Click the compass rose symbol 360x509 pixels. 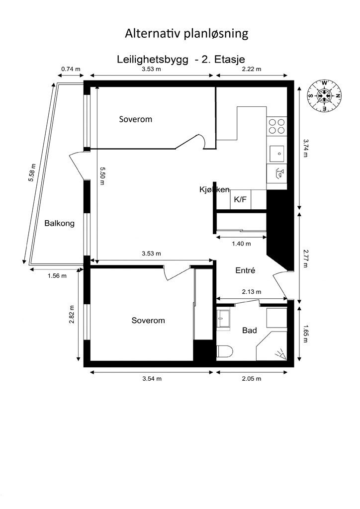click(324, 96)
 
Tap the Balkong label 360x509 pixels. click(59, 224)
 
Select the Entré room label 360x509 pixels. click(245, 270)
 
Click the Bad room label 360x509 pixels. click(249, 331)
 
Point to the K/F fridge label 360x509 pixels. click(240, 199)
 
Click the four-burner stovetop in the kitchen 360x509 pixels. click(276, 126)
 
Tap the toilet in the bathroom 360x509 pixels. click(225, 352)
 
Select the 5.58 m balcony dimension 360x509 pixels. click(32, 172)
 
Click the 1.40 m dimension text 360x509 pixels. click(241, 244)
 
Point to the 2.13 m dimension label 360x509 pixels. click(251, 292)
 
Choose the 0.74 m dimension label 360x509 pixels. click(71, 69)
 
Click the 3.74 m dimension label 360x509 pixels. click(305, 148)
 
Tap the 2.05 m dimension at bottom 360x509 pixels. click(252, 378)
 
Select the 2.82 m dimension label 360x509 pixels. click(72, 315)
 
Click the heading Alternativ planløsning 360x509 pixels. click(186, 34)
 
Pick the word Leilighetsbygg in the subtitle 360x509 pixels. click(153, 60)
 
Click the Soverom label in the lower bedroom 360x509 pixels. click(148, 321)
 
